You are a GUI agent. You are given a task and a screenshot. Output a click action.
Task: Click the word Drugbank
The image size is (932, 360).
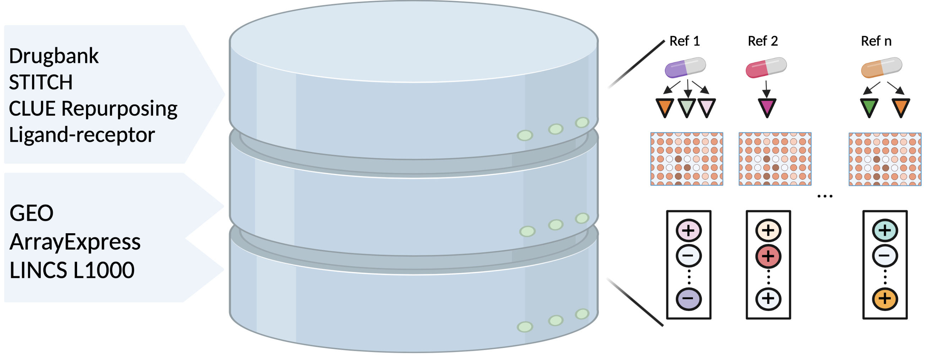click(x=54, y=56)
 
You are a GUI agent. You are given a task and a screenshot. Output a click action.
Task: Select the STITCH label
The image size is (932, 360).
click(x=41, y=82)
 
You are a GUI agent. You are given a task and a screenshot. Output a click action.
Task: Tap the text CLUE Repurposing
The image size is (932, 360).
click(x=93, y=109)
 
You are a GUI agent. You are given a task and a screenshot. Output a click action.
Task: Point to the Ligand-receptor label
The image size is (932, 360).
click(x=82, y=135)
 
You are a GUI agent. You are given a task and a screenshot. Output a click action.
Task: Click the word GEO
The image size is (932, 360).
click(x=32, y=213)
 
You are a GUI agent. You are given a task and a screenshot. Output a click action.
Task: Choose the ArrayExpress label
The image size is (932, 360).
click(x=75, y=242)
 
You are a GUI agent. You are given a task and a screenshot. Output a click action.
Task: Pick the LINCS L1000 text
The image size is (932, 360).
click(x=72, y=270)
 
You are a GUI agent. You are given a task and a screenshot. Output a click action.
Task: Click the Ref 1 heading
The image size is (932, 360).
click(x=684, y=41)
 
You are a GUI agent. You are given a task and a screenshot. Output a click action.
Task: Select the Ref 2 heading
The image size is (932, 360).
click(x=763, y=41)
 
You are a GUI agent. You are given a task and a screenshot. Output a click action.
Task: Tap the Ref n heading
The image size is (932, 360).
click(x=876, y=41)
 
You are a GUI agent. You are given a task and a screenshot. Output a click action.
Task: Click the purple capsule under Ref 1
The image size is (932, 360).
click(x=685, y=67)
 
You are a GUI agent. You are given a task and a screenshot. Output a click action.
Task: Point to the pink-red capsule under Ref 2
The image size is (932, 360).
click(x=766, y=67)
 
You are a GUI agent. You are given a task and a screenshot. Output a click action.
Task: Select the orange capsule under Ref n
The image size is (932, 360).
click(x=881, y=67)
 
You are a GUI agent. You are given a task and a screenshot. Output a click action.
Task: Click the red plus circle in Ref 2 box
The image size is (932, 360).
click(x=768, y=256)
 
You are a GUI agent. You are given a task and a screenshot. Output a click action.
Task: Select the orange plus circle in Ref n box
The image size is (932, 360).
click(x=885, y=299)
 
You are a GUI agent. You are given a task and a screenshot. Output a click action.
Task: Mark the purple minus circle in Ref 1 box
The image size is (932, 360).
click(x=688, y=299)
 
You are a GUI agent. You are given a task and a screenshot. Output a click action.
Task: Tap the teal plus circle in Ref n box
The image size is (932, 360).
click(x=885, y=230)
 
